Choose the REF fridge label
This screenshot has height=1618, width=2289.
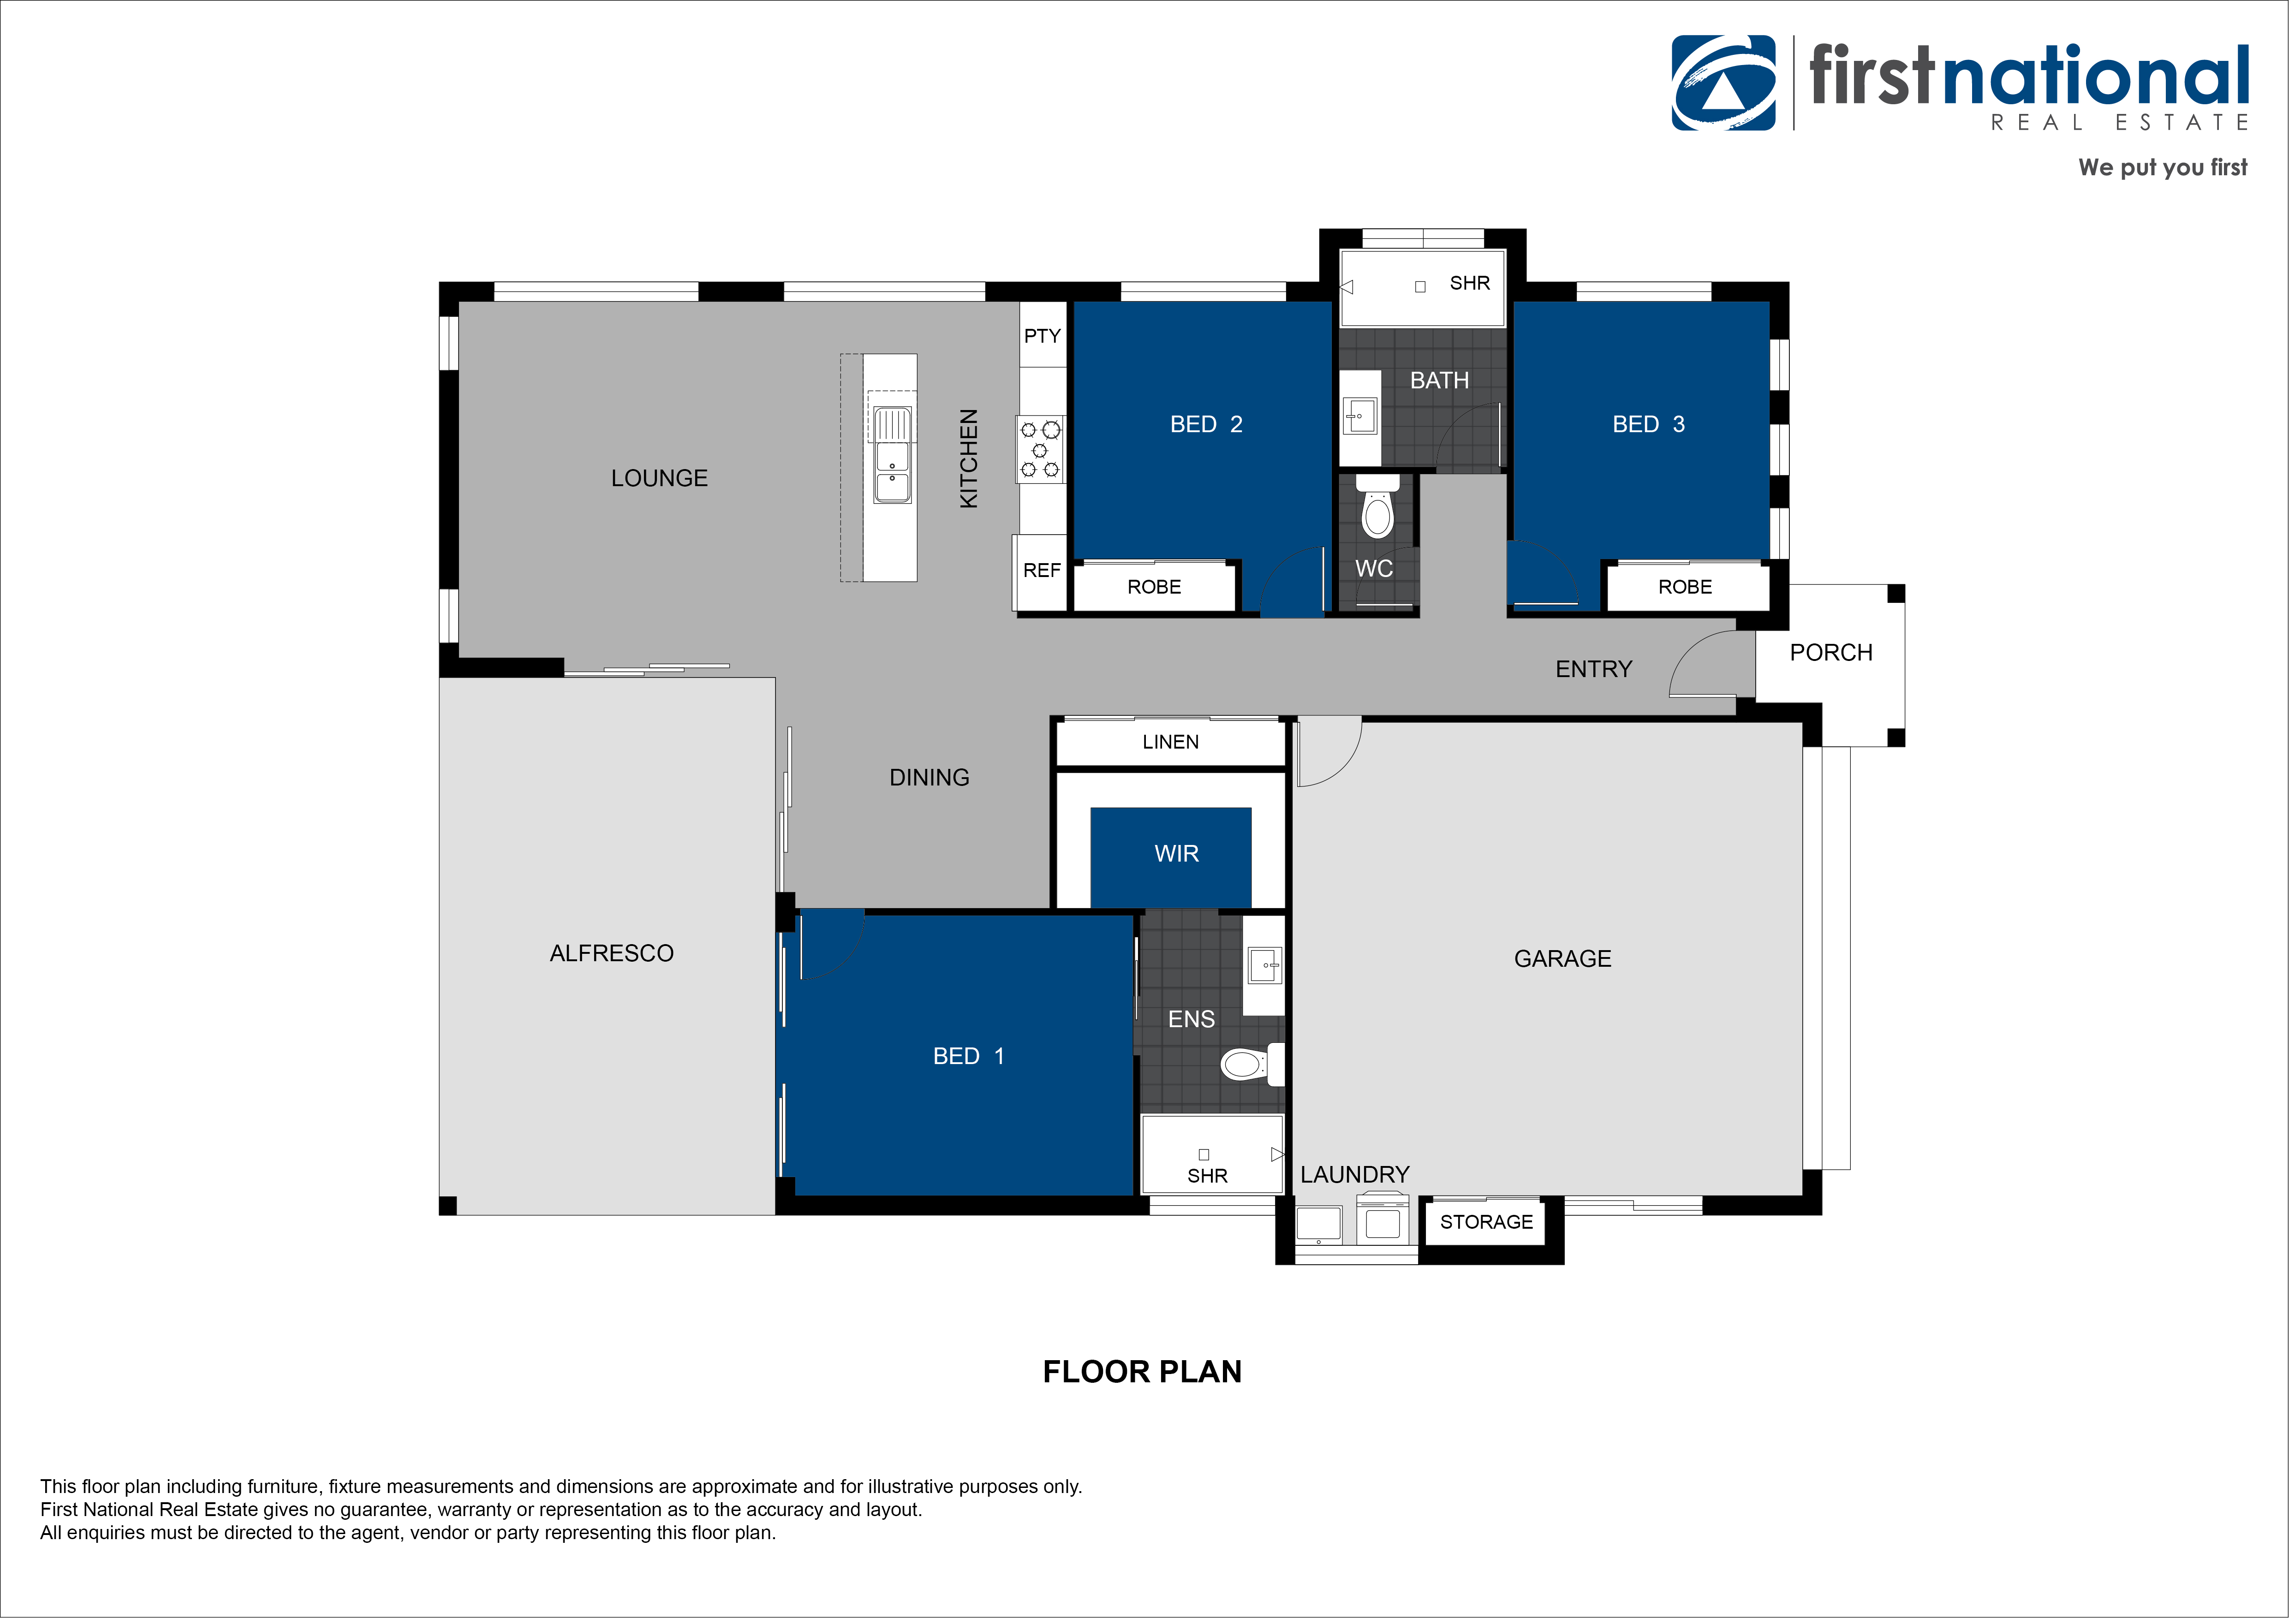pyautogui.click(x=1042, y=570)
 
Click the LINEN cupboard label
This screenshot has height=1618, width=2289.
pyautogui.click(x=1170, y=742)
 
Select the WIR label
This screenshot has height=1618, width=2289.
pyautogui.click(x=1176, y=853)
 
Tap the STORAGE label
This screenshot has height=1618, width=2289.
pyautogui.click(x=1486, y=1222)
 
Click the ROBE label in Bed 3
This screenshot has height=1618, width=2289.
pyautogui.click(x=1685, y=587)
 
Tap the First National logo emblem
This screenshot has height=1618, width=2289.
pyautogui.click(x=1724, y=83)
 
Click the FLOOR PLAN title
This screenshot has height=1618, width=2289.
pyautogui.click(x=1143, y=1372)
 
